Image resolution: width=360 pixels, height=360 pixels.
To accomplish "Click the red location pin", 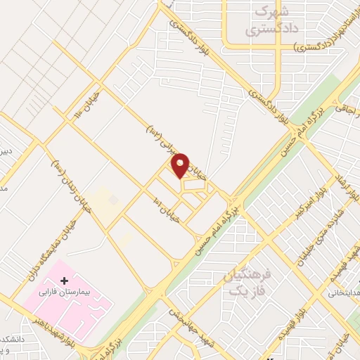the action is coord(181,165).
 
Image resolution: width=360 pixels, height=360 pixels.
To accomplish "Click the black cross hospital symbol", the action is coord(65,281).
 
